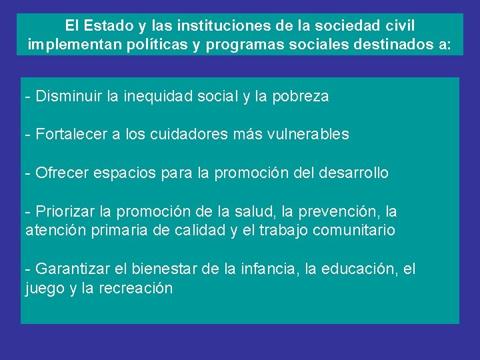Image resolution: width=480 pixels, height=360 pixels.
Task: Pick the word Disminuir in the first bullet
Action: tap(68, 97)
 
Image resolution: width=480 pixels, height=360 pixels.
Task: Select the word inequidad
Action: tap(157, 97)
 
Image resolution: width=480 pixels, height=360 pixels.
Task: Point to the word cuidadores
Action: tap(189, 135)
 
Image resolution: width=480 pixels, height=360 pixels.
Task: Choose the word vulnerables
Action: tap(308, 135)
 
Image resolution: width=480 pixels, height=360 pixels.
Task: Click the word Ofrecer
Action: tap(61, 173)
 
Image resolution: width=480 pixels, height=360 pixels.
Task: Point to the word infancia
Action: tap(271, 269)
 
